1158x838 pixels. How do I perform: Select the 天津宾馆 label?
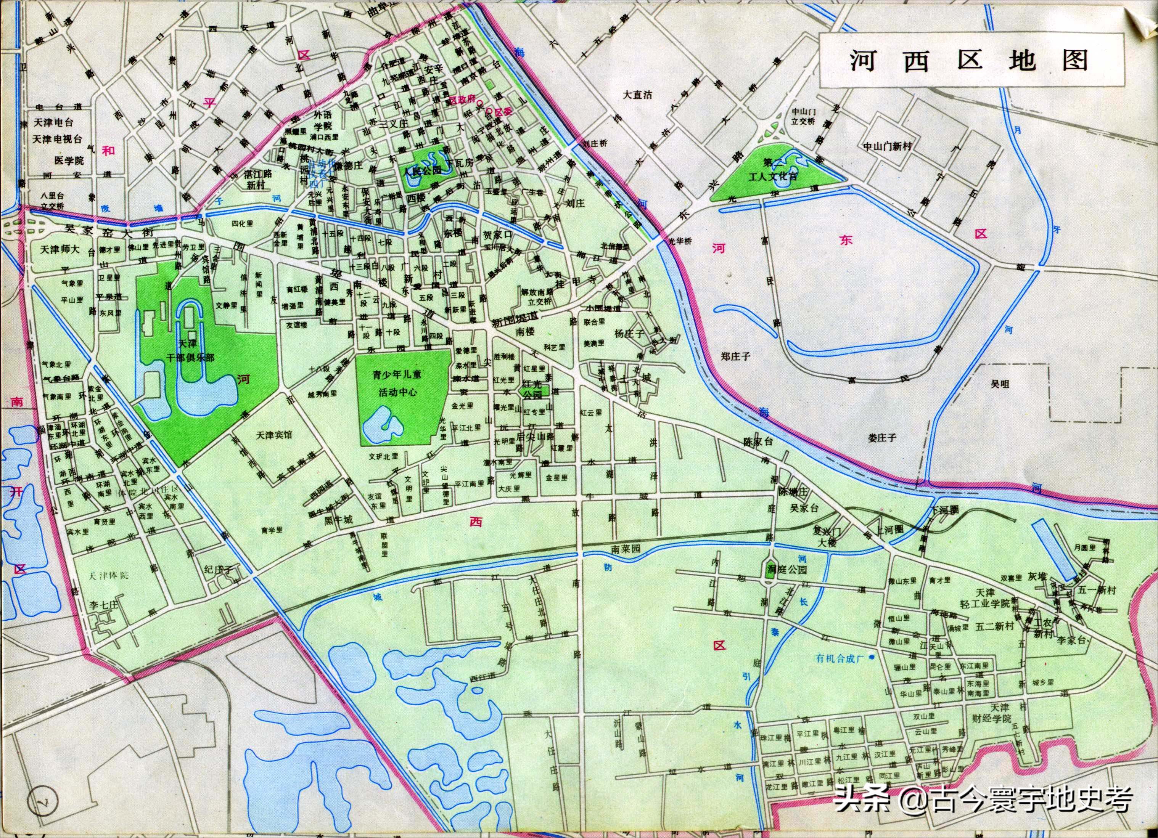point(274,435)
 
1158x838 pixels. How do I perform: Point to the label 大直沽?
point(638,95)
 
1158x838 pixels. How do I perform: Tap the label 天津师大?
point(60,250)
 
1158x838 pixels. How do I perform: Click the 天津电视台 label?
point(57,139)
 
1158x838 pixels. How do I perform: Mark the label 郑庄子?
point(736,356)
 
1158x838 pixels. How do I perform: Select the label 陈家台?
point(759,442)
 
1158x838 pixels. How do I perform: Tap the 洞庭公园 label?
point(786,570)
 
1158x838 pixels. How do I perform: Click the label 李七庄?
point(104,605)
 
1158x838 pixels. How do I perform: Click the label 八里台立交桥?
point(53,201)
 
